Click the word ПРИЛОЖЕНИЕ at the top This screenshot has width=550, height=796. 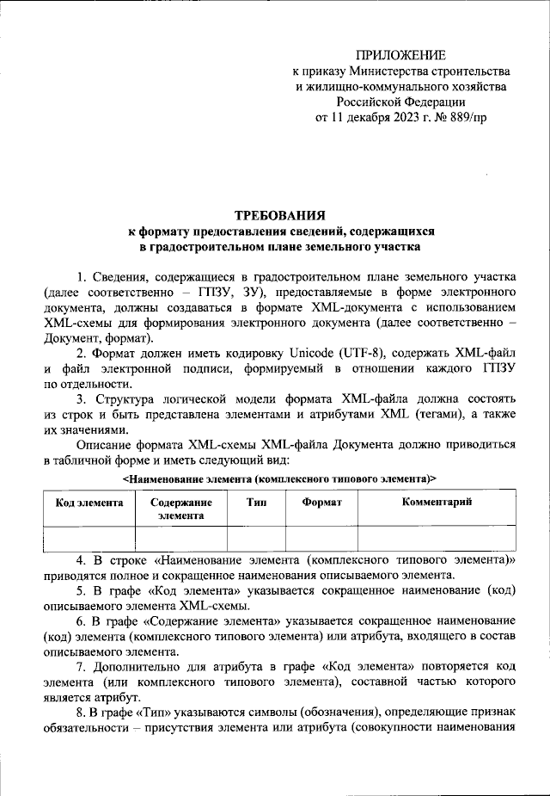[404, 55]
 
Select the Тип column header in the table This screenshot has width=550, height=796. [255, 502]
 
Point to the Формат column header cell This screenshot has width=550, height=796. [322, 502]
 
